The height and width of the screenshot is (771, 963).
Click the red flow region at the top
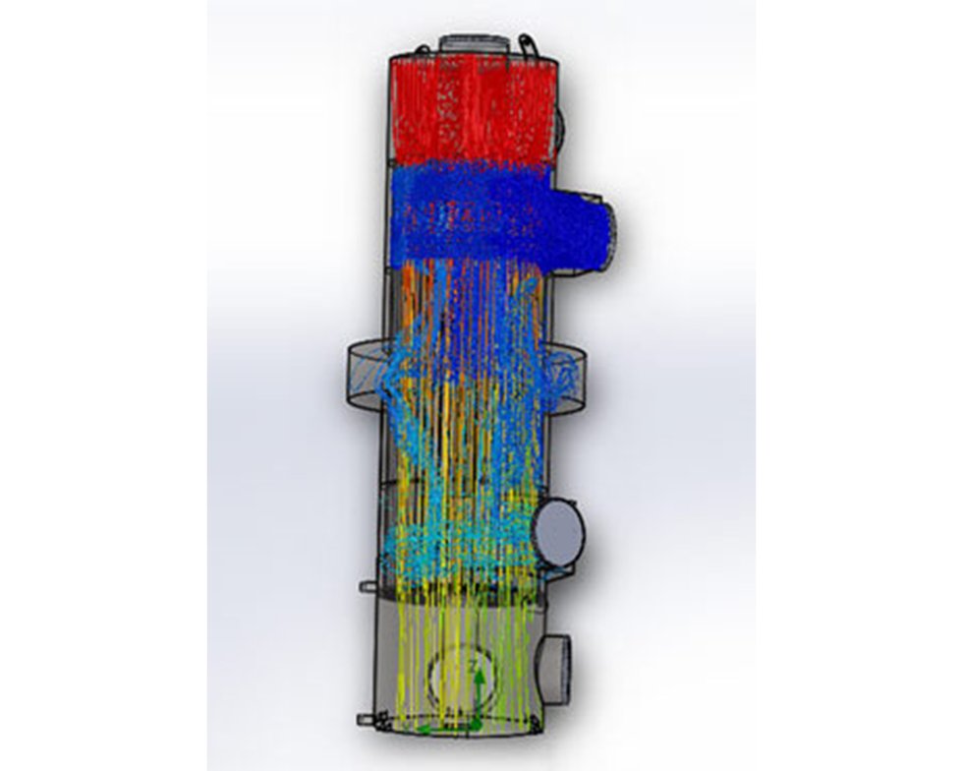[472, 108]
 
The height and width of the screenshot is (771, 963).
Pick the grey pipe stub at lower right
[555, 668]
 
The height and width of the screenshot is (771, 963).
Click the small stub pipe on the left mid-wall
[368, 586]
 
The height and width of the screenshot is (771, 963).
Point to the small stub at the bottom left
[366, 720]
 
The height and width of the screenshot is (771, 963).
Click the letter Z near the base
[475, 668]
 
